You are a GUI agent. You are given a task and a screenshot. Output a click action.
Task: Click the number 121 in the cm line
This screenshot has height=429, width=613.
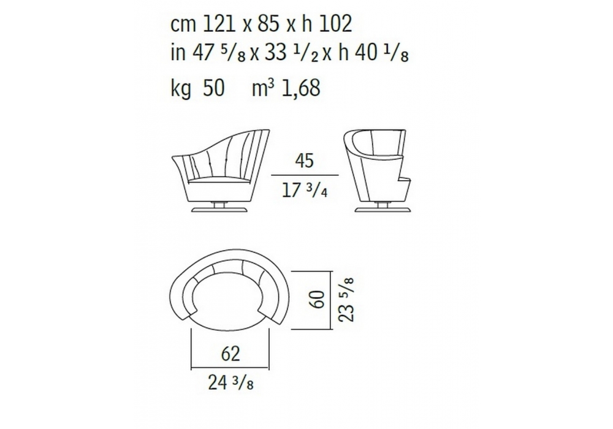coord(219,24)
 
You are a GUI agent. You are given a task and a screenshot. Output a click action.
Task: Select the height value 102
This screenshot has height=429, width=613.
coord(336,24)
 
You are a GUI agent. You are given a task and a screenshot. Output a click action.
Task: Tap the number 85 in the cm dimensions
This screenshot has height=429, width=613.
coord(268,24)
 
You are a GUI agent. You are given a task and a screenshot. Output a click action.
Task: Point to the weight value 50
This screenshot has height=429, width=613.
coord(214,88)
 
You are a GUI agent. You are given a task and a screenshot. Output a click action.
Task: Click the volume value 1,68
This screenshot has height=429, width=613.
coord(300,88)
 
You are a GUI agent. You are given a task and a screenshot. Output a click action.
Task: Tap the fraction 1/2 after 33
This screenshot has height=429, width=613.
coord(310,55)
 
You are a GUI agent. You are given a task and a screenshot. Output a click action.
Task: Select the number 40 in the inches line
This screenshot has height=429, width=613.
coord(366,53)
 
